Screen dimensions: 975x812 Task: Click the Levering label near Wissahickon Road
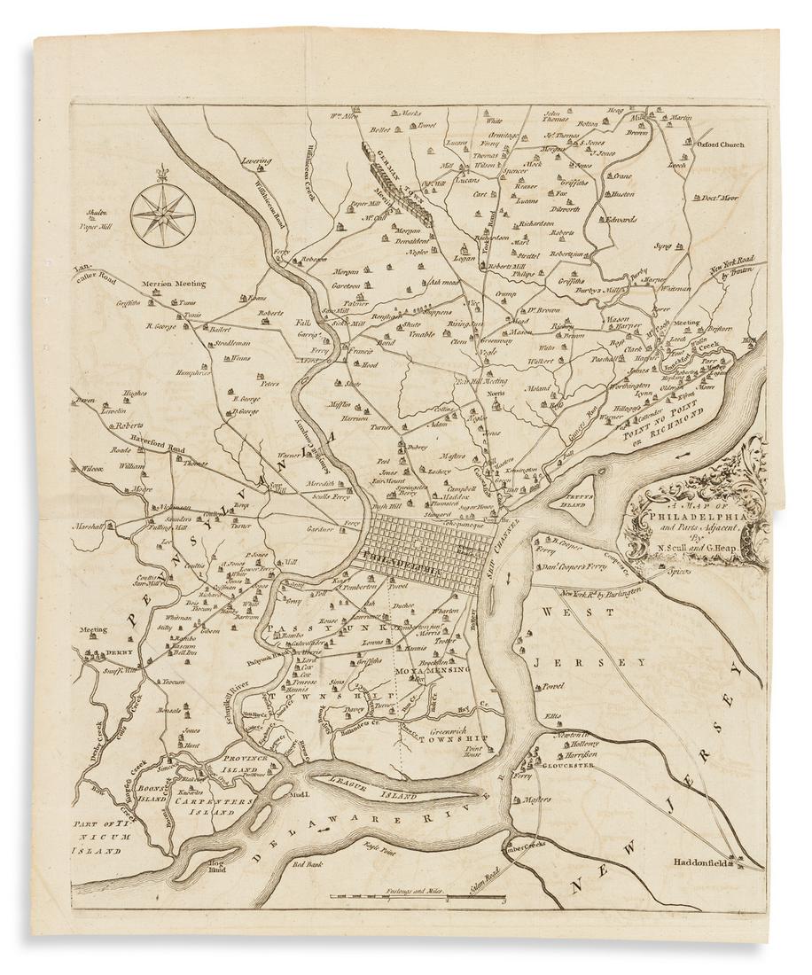pos(254,161)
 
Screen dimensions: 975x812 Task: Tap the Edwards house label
pos(621,219)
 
